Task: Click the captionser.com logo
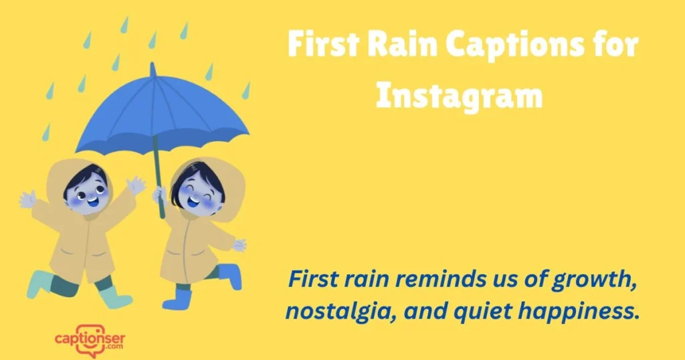coord(90,339)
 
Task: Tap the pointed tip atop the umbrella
coord(153,67)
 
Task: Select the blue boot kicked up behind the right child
coord(229,274)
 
